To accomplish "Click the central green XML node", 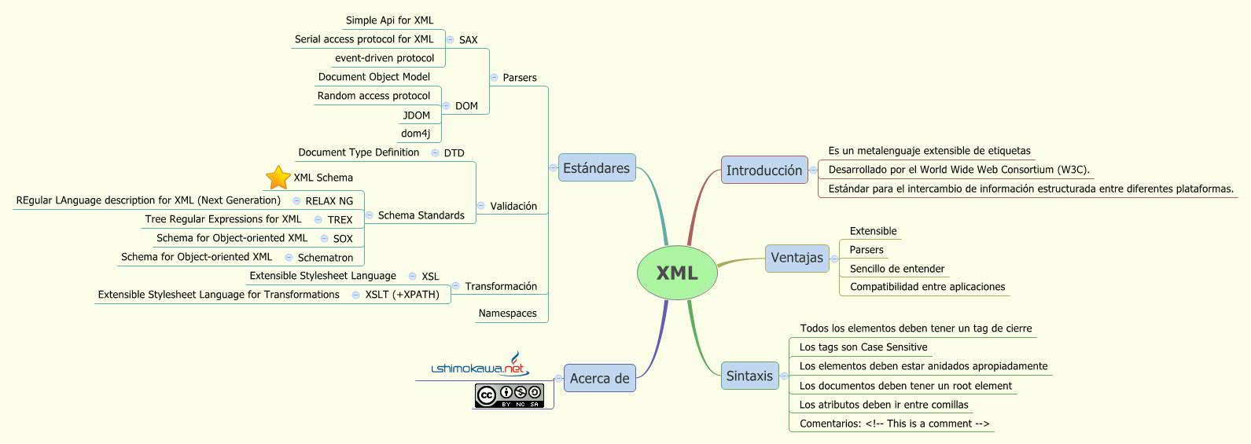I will coord(676,273).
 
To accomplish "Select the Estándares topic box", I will coord(597,168).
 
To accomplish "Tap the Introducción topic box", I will coord(763,171).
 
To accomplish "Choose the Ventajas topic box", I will coord(797,258).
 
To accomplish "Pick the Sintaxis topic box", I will coord(749,376).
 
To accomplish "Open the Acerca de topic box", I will coord(599,379).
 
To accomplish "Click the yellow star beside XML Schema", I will coord(278,178).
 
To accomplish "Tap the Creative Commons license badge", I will coord(509,395).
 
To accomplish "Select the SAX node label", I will coord(468,40).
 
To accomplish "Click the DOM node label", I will coord(466,106).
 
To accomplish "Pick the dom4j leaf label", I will coord(415,134).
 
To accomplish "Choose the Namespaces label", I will coord(507,314).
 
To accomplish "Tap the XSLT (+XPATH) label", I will coord(402,295).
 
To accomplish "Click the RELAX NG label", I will coord(329,201).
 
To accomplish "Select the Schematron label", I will coord(325,258).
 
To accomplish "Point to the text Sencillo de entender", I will coord(896,269).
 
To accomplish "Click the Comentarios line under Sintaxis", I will coord(894,424).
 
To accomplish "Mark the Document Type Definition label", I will coord(359,152).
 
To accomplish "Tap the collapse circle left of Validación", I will coord(480,206).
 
